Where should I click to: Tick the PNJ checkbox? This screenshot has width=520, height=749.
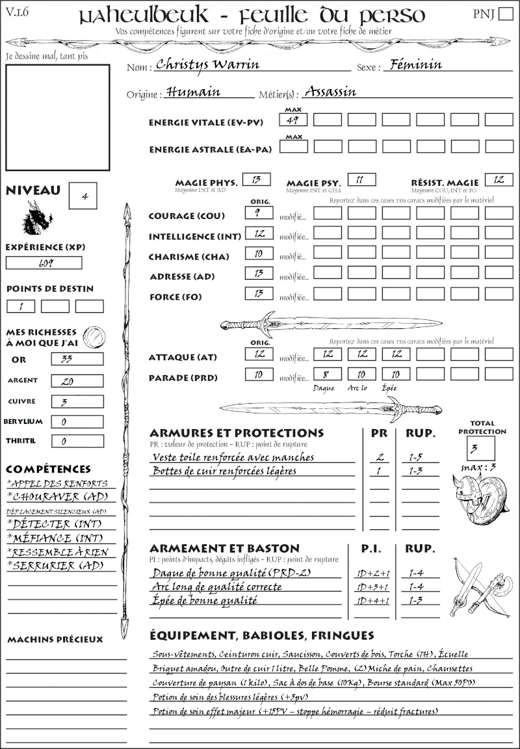(x=504, y=14)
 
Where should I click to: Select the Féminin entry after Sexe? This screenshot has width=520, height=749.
(x=412, y=64)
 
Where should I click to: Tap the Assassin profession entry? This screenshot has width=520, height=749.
(x=330, y=92)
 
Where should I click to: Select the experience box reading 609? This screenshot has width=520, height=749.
(x=44, y=263)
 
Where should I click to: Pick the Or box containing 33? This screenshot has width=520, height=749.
(x=77, y=360)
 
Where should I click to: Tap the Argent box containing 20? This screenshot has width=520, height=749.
(x=77, y=381)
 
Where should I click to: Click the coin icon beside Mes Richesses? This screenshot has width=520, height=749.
(x=94, y=336)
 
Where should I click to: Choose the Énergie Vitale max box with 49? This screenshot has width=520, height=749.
(x=294, y=120)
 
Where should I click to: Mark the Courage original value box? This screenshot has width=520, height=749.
(x=259, y=213)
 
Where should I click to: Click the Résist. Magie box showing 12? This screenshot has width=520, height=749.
(x=499, y=180)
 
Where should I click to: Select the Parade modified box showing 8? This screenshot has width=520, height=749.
(x=328, y=374)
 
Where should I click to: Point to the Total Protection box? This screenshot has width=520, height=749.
(x=481, y=448)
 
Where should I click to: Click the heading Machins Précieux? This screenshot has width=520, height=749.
(x=55, y=640)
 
